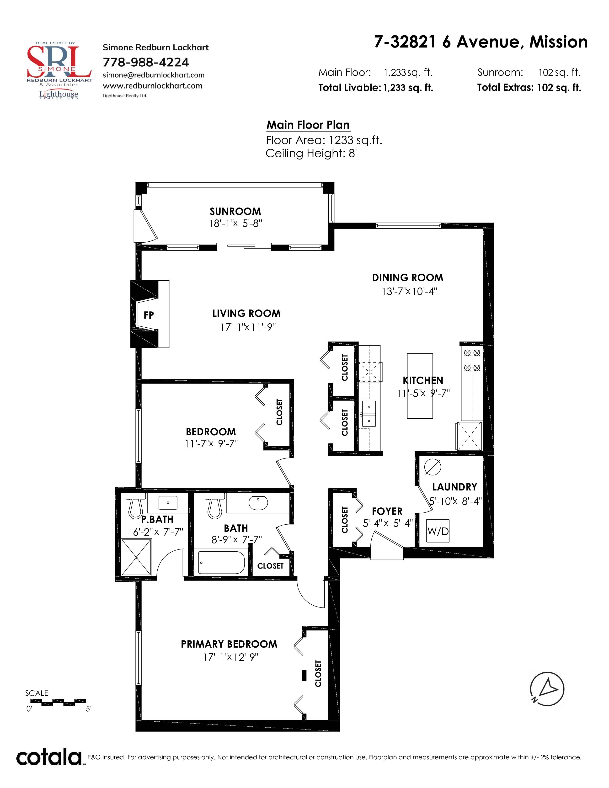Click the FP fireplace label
pos(149,315)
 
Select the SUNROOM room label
pos(235,211)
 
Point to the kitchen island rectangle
pos(420,386)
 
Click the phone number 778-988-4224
pos(146,62)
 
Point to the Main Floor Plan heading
pos(308,125)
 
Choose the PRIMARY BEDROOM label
pos(229,644)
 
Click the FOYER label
pos(387,511)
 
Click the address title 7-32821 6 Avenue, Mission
pos(481,42)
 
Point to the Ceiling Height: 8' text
pos(311,153)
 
